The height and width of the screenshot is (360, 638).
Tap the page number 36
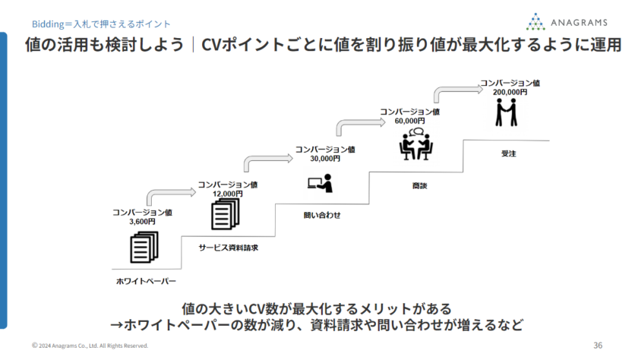[x=598, y=345]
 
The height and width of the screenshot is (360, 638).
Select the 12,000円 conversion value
[x=227, y=194]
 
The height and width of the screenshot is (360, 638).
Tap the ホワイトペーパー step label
[x=146, y=281]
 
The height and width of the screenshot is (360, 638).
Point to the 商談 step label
[x=419, y=185]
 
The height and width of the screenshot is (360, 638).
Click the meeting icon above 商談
[x=415, y=144]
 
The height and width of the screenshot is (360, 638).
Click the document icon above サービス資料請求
[x=220, y=215]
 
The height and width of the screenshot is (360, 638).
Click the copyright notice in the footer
[x=90, y=346]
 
